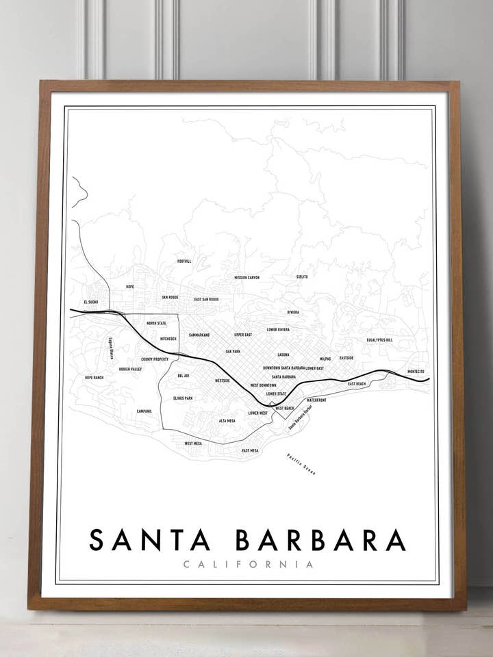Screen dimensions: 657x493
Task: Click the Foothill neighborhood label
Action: point(184,261)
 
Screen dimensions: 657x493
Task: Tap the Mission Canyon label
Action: point(246,278)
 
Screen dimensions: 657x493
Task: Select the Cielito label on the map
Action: point(302,276)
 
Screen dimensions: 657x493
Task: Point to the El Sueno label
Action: point(91,302)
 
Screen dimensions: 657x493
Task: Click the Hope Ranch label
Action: point(94,377)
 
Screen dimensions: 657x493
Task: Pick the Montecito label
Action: point(416,372)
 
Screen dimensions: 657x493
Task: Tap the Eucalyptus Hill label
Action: point(379,339)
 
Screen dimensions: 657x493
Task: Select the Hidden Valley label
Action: point(130,369)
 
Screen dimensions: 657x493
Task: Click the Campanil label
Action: point(144,411)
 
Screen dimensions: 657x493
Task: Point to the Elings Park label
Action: point(183,398)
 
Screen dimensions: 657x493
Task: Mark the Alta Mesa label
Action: point(227,420)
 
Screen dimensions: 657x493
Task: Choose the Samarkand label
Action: point(199,335)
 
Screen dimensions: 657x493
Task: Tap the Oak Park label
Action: point(233,351)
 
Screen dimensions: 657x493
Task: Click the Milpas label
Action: point(325,359)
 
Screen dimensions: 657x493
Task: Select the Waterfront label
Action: point(316,400)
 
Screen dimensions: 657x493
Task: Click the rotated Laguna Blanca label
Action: point(110,348)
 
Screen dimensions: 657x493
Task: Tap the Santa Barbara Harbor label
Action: point(300,417)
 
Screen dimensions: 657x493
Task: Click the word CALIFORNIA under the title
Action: point(248,565)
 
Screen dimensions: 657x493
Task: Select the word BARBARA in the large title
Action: point(320,539)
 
